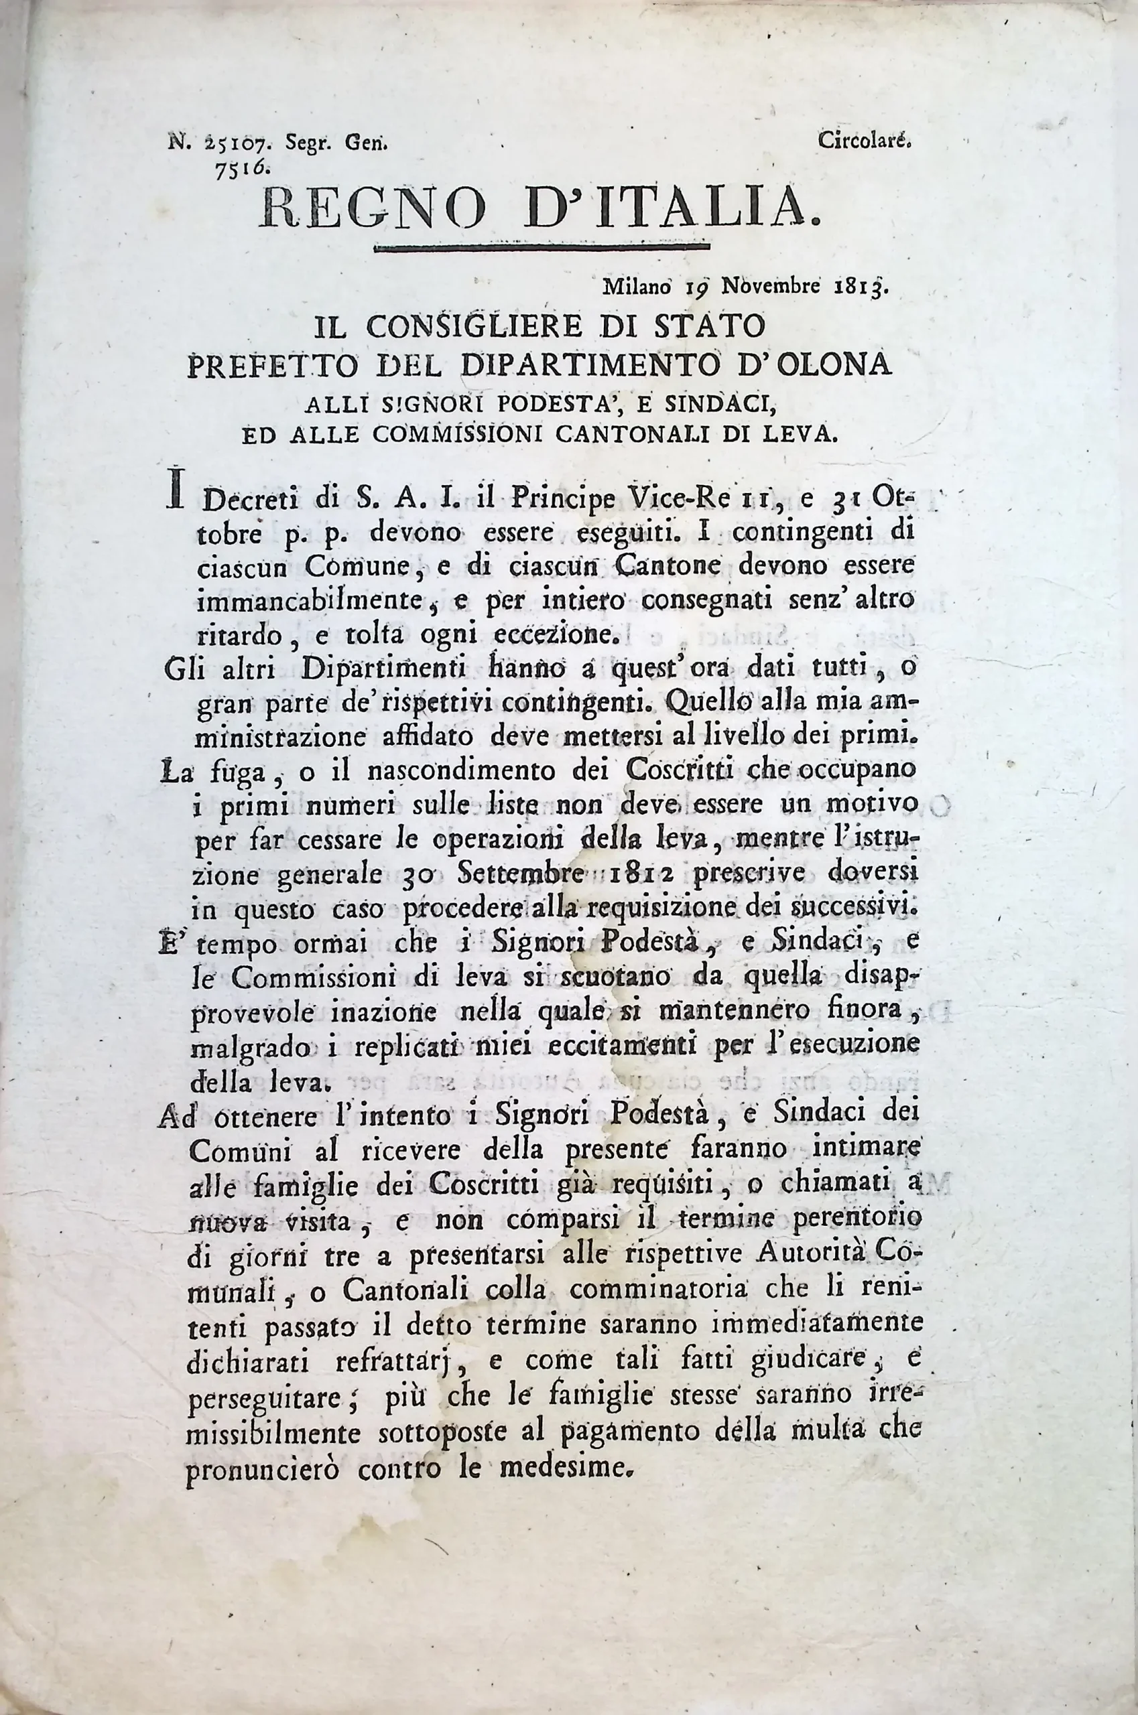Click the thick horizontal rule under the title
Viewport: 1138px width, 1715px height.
tap(541, 249)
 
